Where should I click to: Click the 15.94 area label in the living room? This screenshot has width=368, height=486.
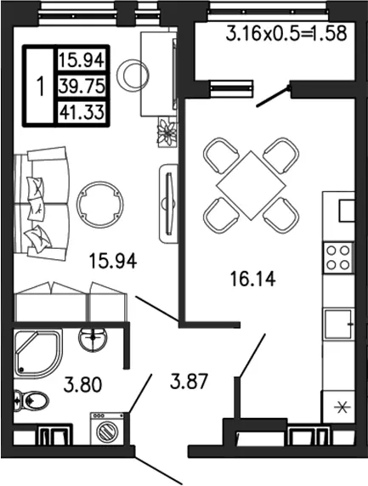(x=112, y=260)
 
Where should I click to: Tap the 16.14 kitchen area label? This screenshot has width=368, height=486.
(x=252, y=278)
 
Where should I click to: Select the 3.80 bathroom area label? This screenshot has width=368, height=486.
(x=82, y=384)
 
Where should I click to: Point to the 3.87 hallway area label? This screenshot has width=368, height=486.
(x=189, y=381)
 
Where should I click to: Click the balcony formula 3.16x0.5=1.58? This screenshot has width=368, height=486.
(x=286, y=33)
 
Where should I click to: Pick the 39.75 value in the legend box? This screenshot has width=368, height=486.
(x=82, y=86)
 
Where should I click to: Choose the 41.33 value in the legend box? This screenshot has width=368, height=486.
(x=82, y=111)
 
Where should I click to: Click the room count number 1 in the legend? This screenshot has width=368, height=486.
(x=41, y=86)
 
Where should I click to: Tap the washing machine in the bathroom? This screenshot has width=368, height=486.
(x=107, y=429)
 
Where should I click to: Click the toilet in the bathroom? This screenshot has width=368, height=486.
(x=31, y=400)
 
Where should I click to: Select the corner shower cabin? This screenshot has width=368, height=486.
(x=38, y=353)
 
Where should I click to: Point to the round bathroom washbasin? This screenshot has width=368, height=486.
(x=93, y=339)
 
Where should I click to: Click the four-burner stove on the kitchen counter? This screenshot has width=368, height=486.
(x=338, y=257)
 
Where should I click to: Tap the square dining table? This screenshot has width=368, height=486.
(x=251, y=185)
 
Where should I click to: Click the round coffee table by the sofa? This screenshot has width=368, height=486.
(x=99, y=205)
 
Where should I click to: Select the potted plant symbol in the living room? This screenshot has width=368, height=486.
(x=167, y=133)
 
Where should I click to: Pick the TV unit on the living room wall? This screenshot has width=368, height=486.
(x=168, y=205)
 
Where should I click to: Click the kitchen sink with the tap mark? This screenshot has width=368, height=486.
(x=338, y=325)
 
